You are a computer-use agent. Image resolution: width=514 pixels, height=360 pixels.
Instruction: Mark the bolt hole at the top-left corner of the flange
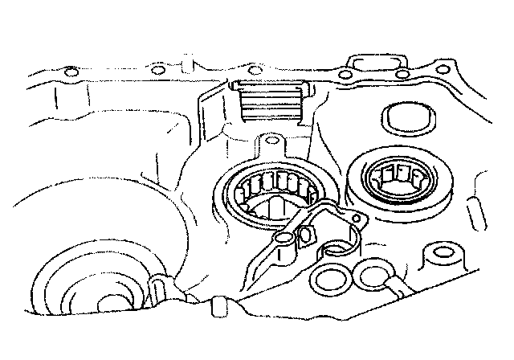click(71, 73)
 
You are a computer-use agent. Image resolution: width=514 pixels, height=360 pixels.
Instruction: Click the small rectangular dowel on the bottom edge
click(214, 308)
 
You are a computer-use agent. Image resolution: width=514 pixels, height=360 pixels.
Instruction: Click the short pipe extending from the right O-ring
click(398, 288)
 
